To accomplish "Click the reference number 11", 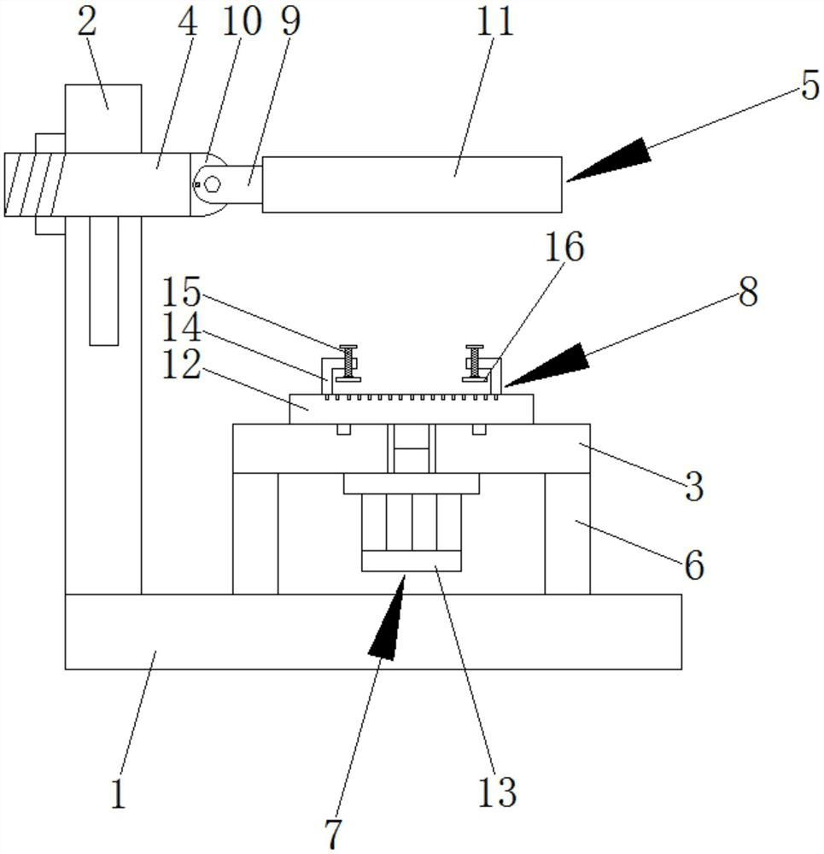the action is coord(495,22).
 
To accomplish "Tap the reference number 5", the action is coord(809,85).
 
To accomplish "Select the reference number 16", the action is coord(564,248).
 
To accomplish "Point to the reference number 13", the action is coord(497,792).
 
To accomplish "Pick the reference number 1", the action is coord(118,793).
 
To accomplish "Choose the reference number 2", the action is coord(86,22).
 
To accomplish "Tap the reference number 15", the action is coord(182,292).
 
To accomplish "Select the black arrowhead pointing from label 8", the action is coord(546,365).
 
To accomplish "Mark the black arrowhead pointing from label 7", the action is coord(389,617).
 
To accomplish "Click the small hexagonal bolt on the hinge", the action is coord(213,184).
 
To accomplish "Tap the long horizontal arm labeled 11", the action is coord(412,184).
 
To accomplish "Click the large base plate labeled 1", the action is coord(373,631).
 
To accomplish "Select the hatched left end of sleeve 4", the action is coord(34,184).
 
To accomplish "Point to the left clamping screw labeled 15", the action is coord(347,363).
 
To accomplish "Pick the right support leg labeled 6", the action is coord(567,533).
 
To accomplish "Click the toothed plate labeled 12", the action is coord(412,409).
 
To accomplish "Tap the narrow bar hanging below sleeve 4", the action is coord(104,280).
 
